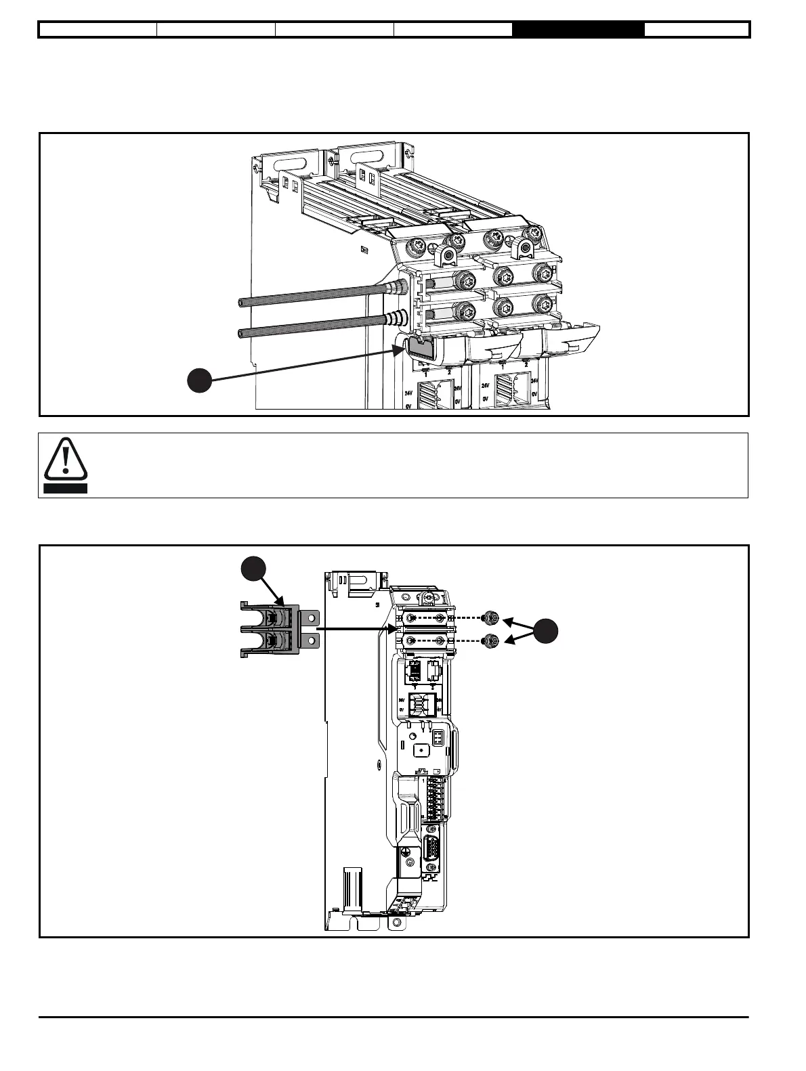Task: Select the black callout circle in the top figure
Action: pyautogui.click(x=199, y=381)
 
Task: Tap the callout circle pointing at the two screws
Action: pyautogui.click(x=545, y=631)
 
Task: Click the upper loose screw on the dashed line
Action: pyautogui.click(x=492, y=618)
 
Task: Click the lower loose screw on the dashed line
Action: pyautogui.click(x=492, y=640)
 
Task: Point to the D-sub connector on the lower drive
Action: pyautogui.click(x=431, y=849)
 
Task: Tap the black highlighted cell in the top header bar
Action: pyautogui.click(x=578, y=30)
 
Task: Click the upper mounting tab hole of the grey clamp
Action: pyautogui.click(x=312, y=618)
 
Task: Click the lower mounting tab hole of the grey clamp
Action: pyautogui.click(x=312, y=640)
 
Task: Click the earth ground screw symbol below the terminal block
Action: pyautogui.click(x=405, y=852)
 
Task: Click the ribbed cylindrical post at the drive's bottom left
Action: pyautogui.click(x=353, y=887)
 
